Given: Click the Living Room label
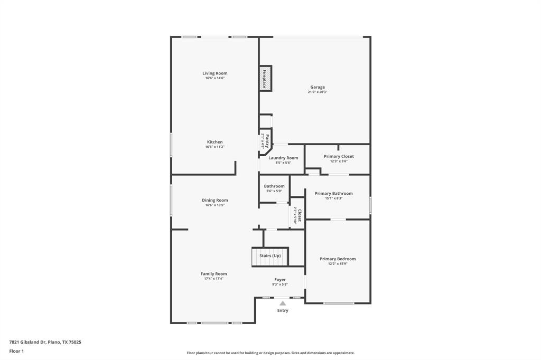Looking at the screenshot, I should click(215, 73).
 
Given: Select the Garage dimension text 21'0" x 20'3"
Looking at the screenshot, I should click(318, 92).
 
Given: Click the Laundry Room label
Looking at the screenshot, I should click(283, 158).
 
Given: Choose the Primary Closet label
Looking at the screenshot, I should click(339, 156).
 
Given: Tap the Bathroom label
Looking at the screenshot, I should click(274, 186).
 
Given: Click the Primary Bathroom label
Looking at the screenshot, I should click(333, 193).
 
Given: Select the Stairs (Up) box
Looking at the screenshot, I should click(270, 256).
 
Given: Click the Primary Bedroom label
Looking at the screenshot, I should click(338, 259).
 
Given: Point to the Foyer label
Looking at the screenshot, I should click(280, 279).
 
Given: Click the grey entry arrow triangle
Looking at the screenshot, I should click(283, 303).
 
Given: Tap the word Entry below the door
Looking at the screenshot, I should click(283, 310).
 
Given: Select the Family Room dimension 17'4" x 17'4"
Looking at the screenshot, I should click(213, 278).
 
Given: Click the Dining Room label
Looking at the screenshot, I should click(215, 200).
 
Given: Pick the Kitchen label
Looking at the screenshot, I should click(215, 142).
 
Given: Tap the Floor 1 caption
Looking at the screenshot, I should click(16, 351).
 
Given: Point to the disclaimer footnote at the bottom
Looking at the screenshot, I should click(270, 353).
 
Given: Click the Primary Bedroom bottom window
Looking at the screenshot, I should click(339, 303).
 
